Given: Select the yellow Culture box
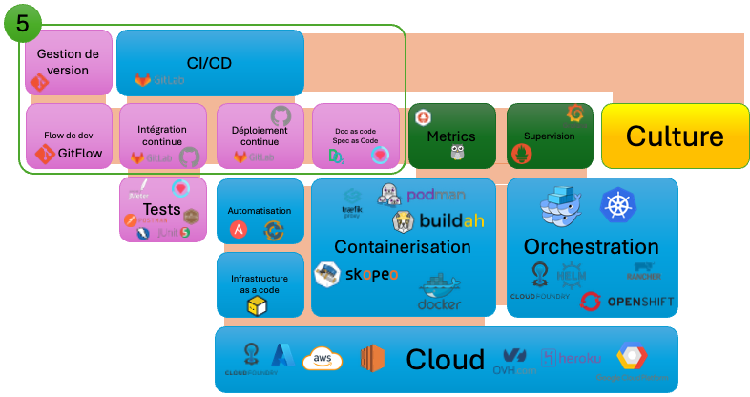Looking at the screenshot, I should [x=675, y=136].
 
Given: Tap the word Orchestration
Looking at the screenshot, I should [x=592, y=247].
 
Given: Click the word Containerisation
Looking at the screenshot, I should [x=403, y=247].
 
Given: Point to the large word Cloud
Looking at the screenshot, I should [x=446, y=360].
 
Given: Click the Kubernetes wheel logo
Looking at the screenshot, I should [x=618, y=206].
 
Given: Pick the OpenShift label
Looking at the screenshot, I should [x=639, y=303].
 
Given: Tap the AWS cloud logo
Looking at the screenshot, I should [x=323, y=360].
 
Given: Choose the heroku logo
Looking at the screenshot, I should [x=573, y=359].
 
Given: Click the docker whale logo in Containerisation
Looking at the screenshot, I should [x=439, y=291].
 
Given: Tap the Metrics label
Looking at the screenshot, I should [x=451, y=136].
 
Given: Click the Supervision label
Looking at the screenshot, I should [x=549, y=136].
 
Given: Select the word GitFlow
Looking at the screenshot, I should [x=79, y=153].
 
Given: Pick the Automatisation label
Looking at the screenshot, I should [x=260, y=211].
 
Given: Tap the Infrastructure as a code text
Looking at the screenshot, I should [x=260, y=283].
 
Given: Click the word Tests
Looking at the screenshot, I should [x=162, y=209].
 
